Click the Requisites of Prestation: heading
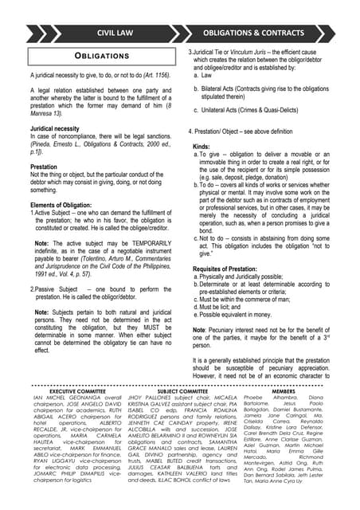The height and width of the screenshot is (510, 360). pyautogui.click(x=232, y=270)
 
